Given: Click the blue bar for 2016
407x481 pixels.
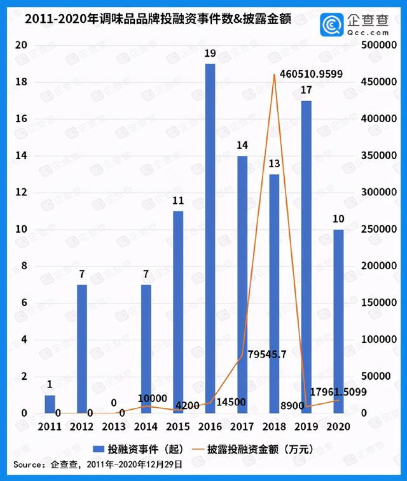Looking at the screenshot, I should click(210, 239).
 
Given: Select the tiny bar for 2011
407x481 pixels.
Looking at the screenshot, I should click(50, 405).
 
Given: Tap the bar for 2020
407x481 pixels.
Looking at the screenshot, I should click(338, 321).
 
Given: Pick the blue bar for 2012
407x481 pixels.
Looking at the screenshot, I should click(82, 349).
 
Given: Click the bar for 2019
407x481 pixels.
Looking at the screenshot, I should click(306, 257).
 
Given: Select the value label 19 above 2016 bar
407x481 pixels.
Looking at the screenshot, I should click(210, 55).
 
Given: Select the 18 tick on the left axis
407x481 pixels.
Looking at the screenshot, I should click(21, 83).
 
